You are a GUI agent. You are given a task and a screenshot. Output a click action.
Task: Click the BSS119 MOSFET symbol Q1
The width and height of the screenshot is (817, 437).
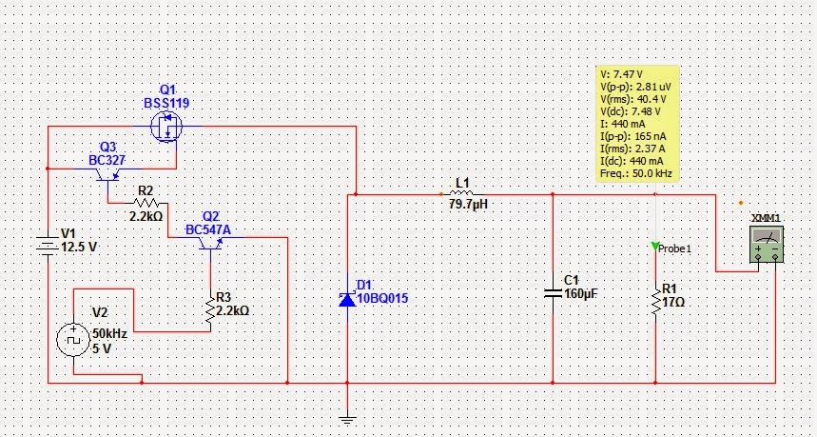(168, 125)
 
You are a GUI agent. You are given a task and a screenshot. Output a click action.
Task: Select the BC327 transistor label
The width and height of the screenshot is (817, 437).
(107, 160)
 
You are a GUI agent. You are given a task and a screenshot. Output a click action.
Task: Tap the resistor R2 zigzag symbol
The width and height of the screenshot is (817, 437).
(145, 202)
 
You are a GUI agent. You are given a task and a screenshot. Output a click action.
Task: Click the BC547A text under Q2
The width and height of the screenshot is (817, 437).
(208, 229)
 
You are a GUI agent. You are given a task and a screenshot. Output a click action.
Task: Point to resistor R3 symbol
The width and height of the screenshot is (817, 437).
(210, 309)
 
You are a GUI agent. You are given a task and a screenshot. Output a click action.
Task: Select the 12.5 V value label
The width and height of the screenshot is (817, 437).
(79, 246)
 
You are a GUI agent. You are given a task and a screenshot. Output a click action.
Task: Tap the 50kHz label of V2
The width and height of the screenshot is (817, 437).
(109, 336)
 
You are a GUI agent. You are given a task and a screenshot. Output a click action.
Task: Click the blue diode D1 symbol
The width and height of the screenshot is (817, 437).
(347, 299)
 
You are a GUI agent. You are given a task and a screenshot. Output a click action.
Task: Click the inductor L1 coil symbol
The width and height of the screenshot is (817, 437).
(462, 194)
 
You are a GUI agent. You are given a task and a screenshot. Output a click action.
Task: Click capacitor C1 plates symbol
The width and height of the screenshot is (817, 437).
(553, 290)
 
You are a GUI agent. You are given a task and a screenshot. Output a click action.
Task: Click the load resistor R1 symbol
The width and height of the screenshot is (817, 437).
(654, 300)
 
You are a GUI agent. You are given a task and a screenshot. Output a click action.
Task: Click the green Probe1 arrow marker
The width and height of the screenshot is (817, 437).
(654, 248)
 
